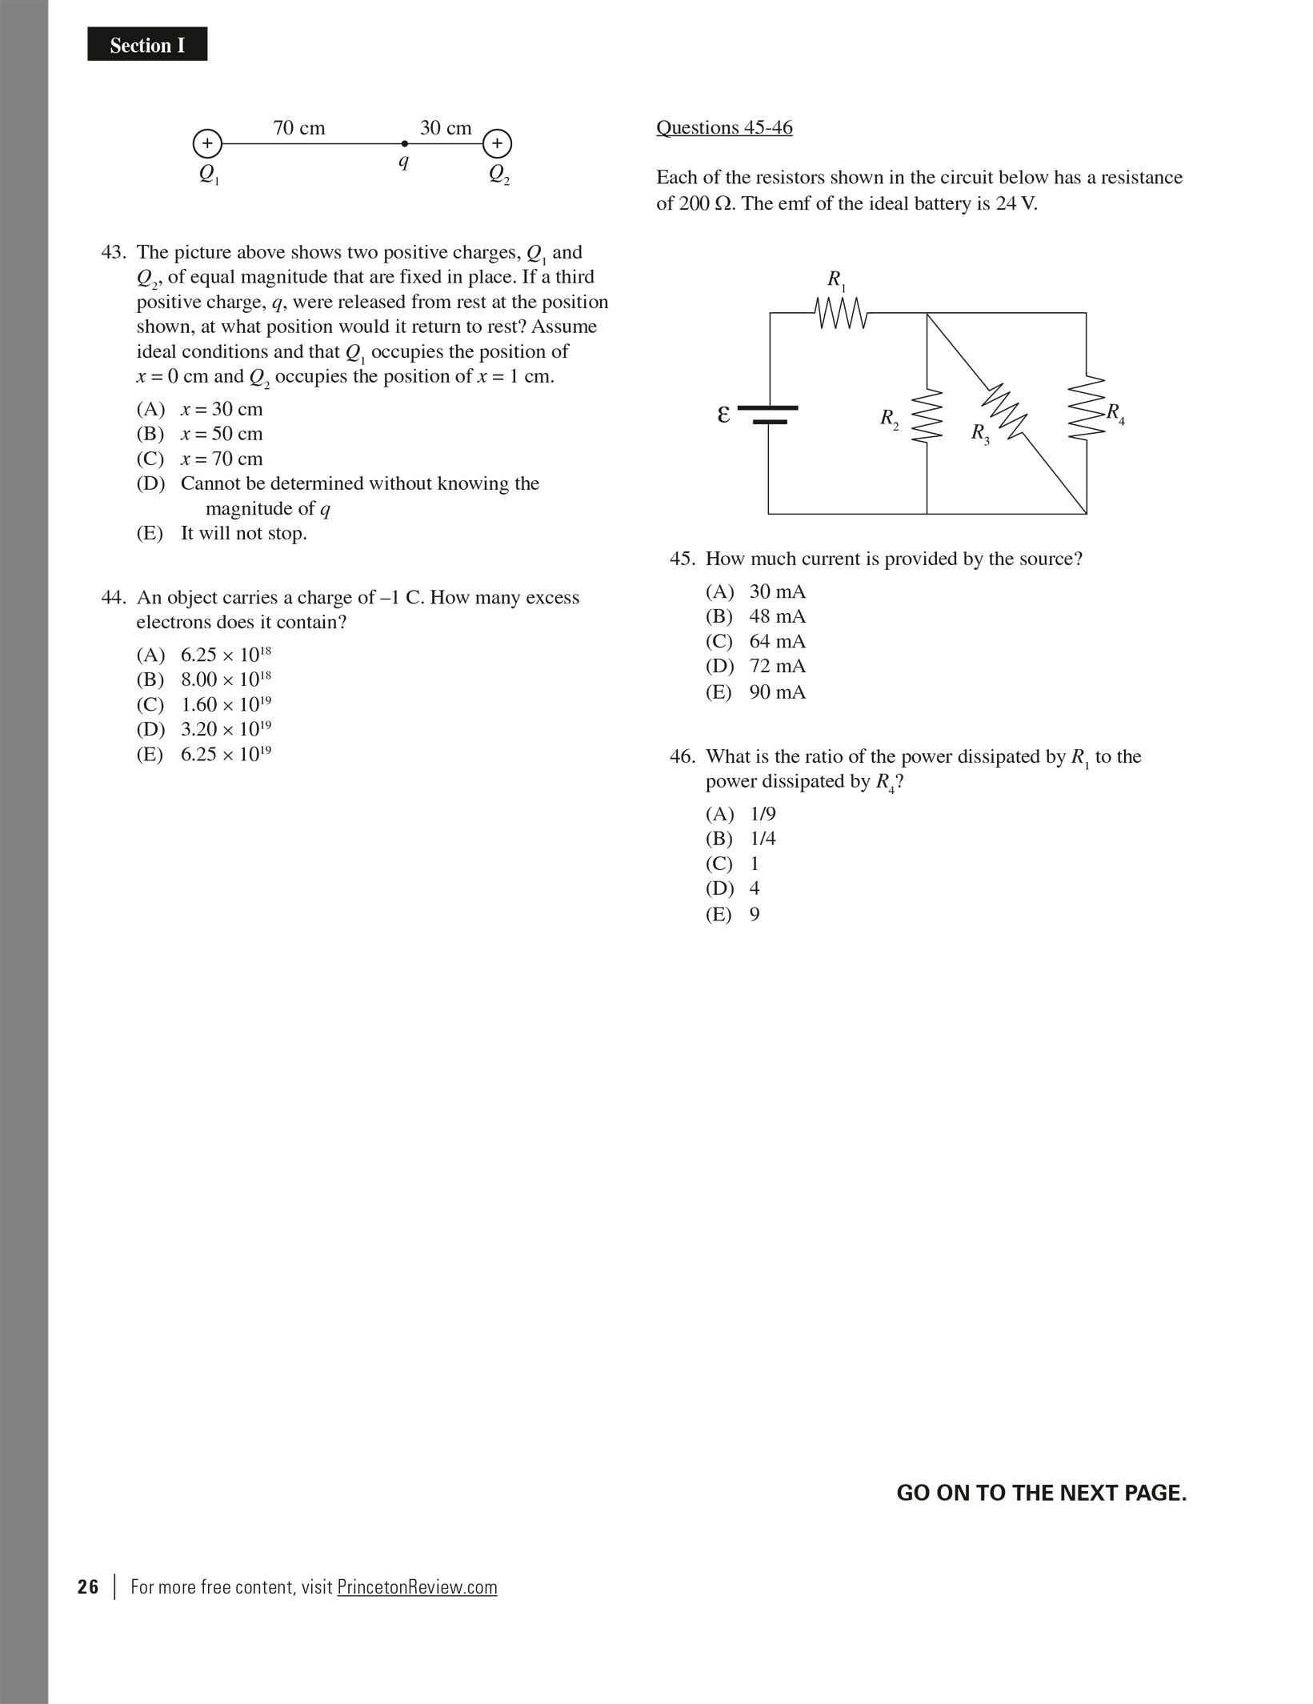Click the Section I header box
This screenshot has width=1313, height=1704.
pos(147,45)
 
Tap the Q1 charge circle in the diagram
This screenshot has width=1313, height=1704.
pos(207,144)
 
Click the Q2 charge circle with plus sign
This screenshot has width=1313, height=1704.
pos(497,144)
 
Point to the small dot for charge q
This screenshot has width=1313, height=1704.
pos(404,144)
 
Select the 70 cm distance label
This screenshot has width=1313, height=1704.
pos(298,128)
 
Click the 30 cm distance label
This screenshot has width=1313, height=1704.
pos(446,128)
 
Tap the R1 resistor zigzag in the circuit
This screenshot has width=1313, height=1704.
pos(841,313)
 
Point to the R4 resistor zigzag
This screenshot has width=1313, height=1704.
pos(1087,407)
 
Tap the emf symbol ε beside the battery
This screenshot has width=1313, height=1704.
pos(723,415)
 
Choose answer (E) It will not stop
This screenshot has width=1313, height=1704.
pos(222,534)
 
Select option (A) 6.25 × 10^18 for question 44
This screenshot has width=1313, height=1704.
pos(204,655)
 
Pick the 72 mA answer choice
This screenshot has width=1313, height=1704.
pos(756,667)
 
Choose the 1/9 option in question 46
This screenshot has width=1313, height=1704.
pos(741,814)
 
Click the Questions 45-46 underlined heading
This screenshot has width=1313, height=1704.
pos(724,128)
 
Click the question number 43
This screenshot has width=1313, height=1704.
pos(113,253)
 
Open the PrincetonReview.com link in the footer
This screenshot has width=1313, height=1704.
pos(417,1587)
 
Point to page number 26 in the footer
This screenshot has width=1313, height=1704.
pos(88,1587)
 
